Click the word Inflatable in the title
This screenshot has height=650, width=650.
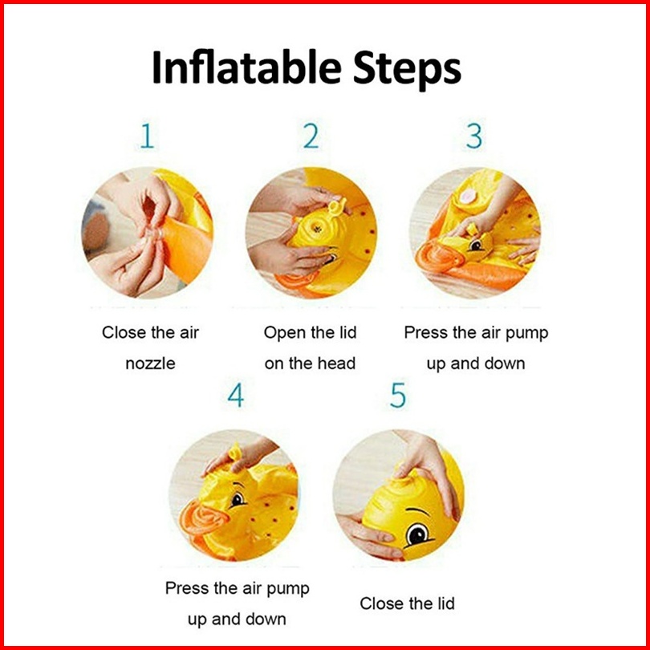[x=246, y=67]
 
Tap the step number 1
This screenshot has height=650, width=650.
[x=148, y=136]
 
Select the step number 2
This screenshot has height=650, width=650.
[x=311, y=136]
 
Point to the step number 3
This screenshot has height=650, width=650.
[x=474, y=136]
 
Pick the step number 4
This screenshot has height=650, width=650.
[x=236, y=395]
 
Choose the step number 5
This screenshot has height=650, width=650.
[x=398, y=396]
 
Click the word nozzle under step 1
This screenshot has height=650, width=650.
[x=150, y=364]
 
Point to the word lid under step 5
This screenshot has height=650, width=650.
[x=445, y=603]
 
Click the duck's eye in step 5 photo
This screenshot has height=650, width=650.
[x=418, y=534]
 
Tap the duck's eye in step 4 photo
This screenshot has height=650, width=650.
[x=238, y=499]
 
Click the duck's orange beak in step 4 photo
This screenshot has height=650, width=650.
[x=203, y=518]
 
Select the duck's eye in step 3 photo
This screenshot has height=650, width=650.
[x=477, y=246]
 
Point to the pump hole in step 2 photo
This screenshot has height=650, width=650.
[x=317, y=229]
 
